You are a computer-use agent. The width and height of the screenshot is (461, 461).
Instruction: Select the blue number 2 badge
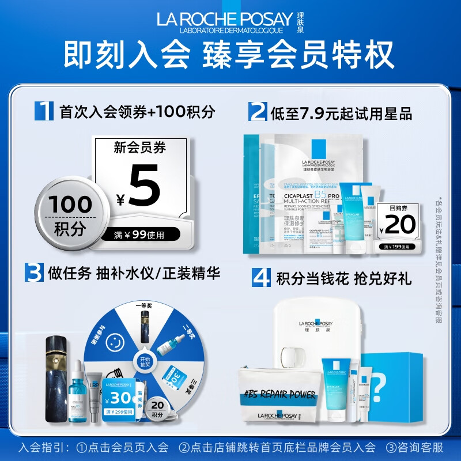256,111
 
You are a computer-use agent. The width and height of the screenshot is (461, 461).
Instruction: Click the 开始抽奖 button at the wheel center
144,360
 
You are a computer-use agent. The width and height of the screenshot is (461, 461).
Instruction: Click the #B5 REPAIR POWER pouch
281,398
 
